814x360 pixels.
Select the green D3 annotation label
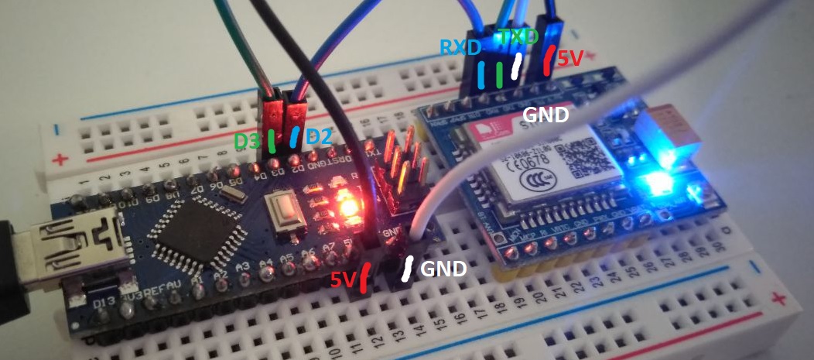click(248, 142)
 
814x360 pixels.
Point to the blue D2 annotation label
click(319, 138)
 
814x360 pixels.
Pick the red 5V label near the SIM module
click(572, 58)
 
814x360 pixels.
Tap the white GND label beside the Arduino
click(443, 269)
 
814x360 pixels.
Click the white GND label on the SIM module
click(546, 114)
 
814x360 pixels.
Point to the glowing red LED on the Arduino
click(347, 207)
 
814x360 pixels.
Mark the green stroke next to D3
click(271, 140)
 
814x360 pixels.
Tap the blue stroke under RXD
click(482, 74)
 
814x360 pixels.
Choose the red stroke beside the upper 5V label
click(548, 61)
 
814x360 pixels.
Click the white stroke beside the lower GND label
click(408, 268)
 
